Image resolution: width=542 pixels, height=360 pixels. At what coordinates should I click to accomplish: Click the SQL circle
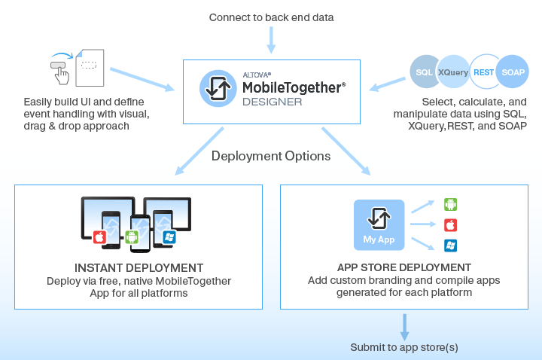pyautogui.click(x=424, y=72)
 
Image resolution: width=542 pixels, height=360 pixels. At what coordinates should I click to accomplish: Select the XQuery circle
pyautogui.click(x=453, y=72)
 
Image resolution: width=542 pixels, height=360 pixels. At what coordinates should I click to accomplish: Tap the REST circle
pyautogui.click(x=484, y=72)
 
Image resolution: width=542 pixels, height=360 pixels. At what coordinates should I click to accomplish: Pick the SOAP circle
pyautogui.click(x=513, y=72)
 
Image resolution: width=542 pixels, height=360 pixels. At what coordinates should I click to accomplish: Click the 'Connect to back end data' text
pyautogui.click(x=271, y=17)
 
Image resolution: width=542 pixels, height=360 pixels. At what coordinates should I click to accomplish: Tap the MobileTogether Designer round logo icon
pyautogui.click(x=215, y=88)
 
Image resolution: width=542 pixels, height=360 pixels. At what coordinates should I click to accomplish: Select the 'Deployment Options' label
pyautogui.click(x=271, y=157)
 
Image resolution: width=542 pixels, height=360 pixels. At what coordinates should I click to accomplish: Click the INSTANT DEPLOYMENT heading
pyautogui.click(x=139, y=268)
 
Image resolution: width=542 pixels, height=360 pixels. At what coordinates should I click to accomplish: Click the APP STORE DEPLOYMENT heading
pyautogui.click(x=404, y=268)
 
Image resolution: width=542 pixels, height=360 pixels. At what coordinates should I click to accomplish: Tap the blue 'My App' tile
pyautogui.click(x=379, y=224)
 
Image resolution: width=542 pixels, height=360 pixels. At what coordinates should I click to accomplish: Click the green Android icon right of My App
pyautogui.click(x=451, y=204)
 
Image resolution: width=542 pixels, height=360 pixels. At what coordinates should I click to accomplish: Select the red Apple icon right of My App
pyautogui.click(x=451, y=224)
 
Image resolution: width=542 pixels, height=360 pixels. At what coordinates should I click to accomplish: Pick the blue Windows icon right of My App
pyautogui.click(x=451, y=246)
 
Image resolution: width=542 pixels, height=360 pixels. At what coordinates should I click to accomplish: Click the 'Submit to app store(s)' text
pyautogui.click(x=404, y=347)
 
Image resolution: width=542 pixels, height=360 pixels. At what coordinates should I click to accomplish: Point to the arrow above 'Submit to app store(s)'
pyautogui.click(x=404, y=325)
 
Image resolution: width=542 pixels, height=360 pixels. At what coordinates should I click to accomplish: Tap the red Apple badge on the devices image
pyautogui.click(x=99, y=238)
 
